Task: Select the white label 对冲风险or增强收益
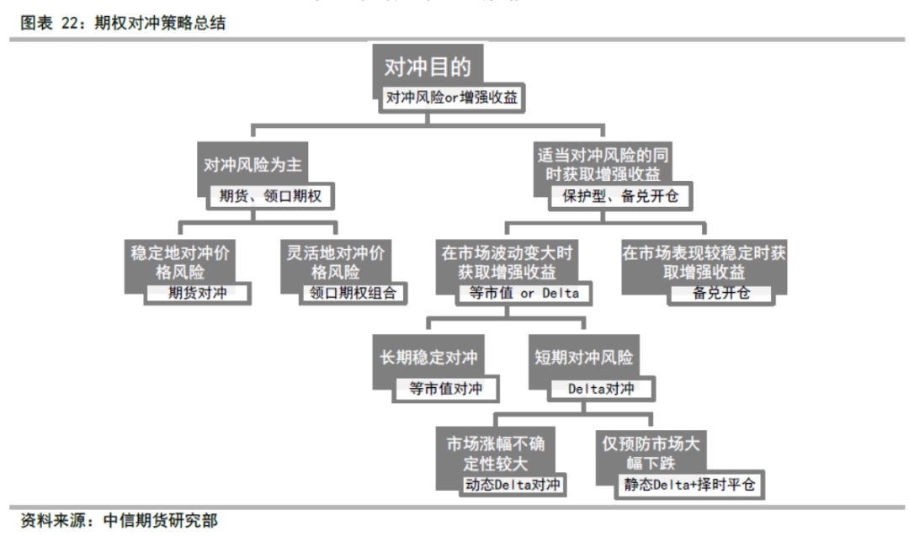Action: tap(452, 98)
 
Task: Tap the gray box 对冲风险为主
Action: tap(252, 164)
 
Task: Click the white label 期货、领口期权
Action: tap(270, 196)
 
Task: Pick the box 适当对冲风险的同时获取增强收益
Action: tap(603, 164)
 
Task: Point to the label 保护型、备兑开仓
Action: tap(620, 196)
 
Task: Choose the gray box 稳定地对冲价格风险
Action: tap(180, 262)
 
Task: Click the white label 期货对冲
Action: tap(197, 293)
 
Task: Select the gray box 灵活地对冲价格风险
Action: tap(336, 262)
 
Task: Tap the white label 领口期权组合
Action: tap(353, 293)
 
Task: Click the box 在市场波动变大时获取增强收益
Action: tap(507, 262)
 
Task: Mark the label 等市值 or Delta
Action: tap(524, 293)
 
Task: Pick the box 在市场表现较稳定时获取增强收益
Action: tap(704, 262)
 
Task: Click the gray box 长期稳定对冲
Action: tap(428, 357)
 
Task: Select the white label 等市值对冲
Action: tap(446, 389)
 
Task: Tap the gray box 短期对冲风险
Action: tap(584, 357)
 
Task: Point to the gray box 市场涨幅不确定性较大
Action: tap(496, 454)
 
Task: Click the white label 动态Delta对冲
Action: tap(513, 485)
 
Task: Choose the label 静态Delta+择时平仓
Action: tap(689, 485)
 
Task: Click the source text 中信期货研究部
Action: tap(161, 521)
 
